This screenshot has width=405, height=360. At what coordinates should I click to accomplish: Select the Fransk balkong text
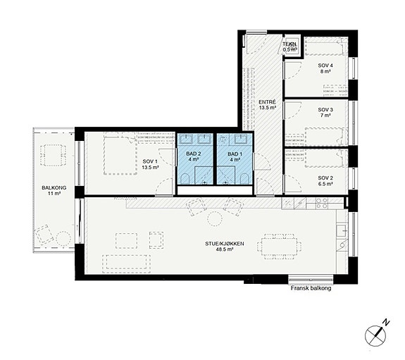(311, 288)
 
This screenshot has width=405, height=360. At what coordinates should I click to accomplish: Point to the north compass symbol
(377, 334)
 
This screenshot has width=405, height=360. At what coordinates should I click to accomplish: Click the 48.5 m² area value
(225, 249)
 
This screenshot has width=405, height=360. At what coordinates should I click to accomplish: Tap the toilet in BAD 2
(185, 179)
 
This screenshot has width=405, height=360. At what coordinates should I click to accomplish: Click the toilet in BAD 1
(244, 179)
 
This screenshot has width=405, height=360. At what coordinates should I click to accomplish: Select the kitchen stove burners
(322, 203)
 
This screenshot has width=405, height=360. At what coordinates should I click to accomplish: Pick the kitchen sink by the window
(342, 230)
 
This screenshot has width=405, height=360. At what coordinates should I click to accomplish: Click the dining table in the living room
(279, 247)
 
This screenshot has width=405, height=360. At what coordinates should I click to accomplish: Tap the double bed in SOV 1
(120, 154)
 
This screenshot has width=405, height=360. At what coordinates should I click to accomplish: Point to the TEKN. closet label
(289, 44)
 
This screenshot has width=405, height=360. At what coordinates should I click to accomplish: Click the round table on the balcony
(63, 238)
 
